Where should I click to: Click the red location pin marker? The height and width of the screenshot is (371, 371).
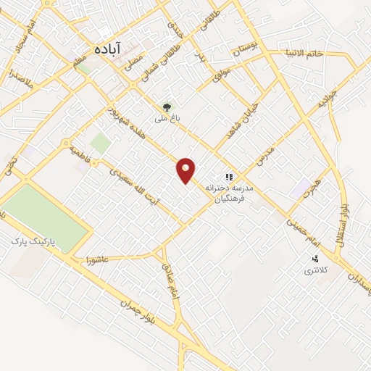[186, 170]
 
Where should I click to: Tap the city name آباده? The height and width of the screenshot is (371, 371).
[109, 49]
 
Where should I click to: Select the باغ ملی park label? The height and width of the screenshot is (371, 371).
[167, 116]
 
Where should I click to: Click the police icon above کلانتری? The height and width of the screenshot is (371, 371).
[314, 259]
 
